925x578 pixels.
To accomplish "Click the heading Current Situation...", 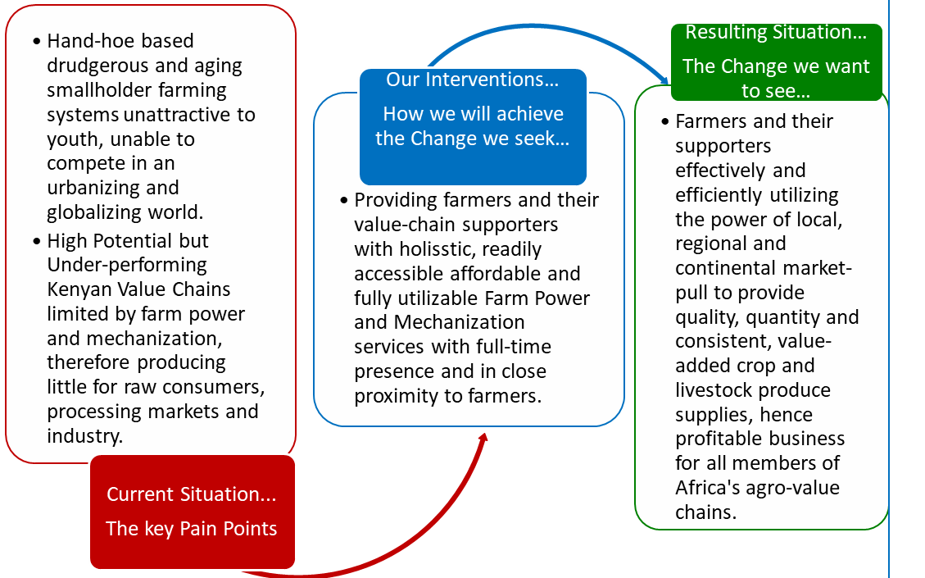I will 191,494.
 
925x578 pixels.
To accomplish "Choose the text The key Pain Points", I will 191,529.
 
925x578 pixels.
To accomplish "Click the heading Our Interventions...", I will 473,80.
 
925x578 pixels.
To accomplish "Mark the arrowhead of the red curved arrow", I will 483,439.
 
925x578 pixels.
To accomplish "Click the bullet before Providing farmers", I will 344,201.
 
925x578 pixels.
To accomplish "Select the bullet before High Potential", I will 37,241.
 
